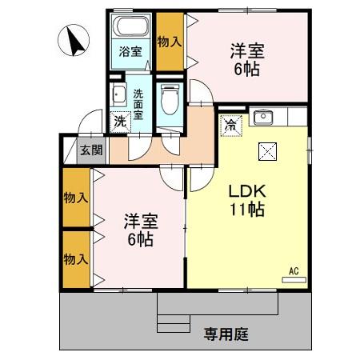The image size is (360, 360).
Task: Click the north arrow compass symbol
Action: [74, 40]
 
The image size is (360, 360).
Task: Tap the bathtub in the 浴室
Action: [130, 26]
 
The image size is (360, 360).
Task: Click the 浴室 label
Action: [130, 51]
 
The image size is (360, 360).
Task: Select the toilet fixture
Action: [170, 99]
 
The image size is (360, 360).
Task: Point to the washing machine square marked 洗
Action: [121, 122]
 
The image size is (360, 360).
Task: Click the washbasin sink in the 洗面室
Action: [118, 94]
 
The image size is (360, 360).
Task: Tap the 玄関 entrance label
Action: [91, 150]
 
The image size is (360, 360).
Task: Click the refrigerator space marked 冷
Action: [231, 126]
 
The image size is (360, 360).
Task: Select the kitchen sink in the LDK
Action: [263, 118]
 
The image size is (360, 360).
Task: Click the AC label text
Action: [294, 271]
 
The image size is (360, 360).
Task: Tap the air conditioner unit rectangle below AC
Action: [294, 280]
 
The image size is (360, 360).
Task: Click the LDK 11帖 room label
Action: [247, 200]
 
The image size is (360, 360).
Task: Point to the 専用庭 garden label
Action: [226, 334]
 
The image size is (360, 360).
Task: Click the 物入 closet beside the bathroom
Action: [170, 42]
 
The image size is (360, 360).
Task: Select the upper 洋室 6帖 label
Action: [247, 60]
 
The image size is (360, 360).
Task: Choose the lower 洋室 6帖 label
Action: [141, 230]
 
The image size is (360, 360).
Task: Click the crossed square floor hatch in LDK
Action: [267, 152]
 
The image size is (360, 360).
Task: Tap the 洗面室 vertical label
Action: [138, 104]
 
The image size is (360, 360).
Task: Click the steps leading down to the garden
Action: [174, 323]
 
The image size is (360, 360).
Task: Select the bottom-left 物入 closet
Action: [77, 259]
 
